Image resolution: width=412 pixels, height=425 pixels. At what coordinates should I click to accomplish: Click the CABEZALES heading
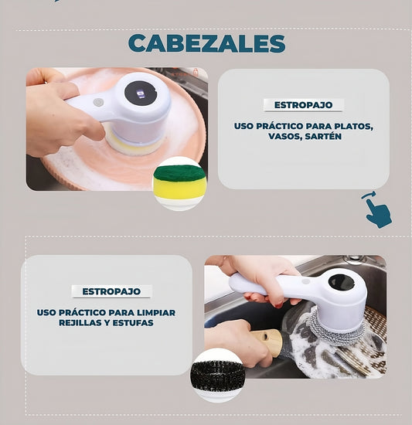pos(206,42)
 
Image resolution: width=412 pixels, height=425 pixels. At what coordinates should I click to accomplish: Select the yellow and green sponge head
pos(179,182)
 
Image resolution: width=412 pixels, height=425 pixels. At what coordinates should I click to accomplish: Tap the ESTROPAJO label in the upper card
pos(303,105)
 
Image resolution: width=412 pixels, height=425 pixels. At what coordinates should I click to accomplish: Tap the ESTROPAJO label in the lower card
pos(111,291)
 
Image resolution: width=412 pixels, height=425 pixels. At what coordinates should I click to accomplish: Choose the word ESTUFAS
pos(128,323)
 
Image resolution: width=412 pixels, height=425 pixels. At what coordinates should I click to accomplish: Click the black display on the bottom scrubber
pos(340,282)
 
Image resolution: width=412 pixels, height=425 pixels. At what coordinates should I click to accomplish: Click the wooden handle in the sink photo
pos(267,341)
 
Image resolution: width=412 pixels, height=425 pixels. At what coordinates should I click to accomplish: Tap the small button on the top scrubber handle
pos(98,101)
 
